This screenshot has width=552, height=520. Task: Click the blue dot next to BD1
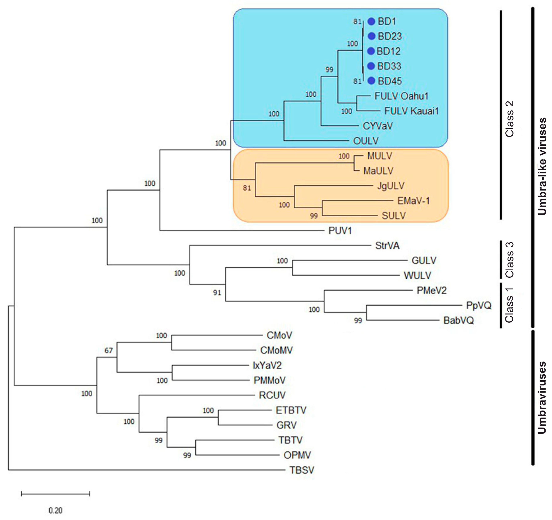[371, 21]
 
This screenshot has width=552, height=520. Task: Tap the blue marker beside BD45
[371, 81]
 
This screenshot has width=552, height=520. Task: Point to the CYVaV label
[378, 126]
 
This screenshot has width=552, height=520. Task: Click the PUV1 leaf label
[340, 231]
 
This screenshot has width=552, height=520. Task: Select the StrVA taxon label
[387, 246]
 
